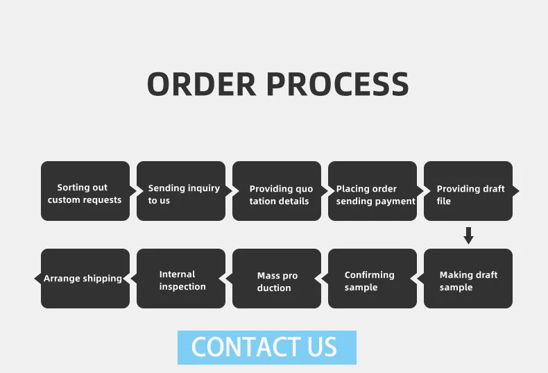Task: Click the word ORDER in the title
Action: (x=202, y=84)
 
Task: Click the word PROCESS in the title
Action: (x=337, y=84)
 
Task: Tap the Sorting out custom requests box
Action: (x=85, y=191)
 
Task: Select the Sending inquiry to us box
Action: (x=181, y=191)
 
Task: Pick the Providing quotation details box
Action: (x=277, y=191)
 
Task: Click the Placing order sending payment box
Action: (x=373, y=191)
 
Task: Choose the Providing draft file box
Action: (x=468, y=191)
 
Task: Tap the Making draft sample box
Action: (x=468, y=279)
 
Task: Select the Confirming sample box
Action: (x=373, y=279)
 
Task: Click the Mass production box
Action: (x=277, y=279)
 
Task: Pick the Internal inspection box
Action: (x=181, y=279)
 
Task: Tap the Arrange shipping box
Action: (x=85, y=279)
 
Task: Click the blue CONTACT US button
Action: (x=266, y=347)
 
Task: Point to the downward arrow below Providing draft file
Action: (x=468, y=235)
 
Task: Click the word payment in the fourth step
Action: (x=395, y=201)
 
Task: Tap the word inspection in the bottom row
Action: (x=182, y=287)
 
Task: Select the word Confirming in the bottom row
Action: (x=369, y=275)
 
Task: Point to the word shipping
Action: (x=102, y=279)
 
